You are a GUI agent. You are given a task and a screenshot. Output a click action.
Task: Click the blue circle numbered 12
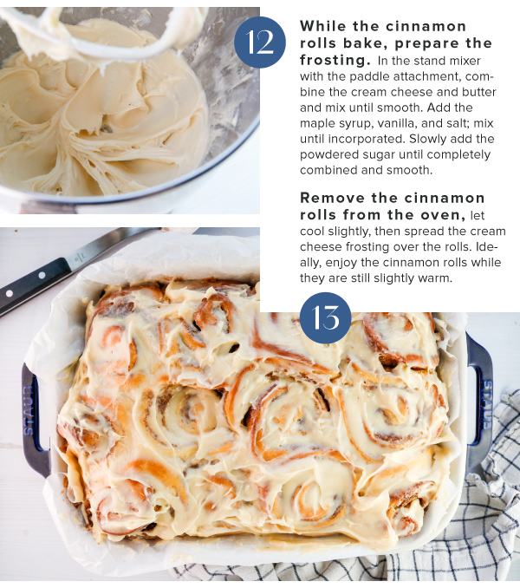260,42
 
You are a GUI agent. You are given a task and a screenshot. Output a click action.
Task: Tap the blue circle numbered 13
326,318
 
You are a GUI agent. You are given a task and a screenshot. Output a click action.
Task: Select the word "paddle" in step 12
366,76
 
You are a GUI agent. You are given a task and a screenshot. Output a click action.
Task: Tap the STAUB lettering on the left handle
29,410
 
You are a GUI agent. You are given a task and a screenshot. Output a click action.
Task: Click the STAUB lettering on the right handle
487,405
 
